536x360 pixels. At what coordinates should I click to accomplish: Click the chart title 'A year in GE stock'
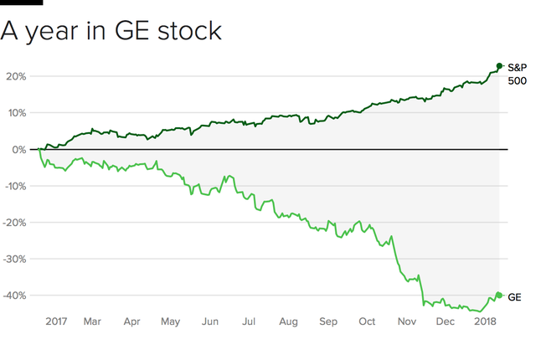[x=111, y=31]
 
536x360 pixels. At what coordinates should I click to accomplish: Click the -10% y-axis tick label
[x=14, y=186]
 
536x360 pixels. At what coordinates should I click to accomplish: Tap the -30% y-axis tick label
[x=14, y=259]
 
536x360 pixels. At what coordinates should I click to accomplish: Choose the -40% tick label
[x=14, y=296]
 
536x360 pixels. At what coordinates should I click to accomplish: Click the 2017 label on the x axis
[x=56, y=321]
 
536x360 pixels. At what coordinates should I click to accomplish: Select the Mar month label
[x=92, y=321]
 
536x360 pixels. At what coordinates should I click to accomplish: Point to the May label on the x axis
[x=170, y=321]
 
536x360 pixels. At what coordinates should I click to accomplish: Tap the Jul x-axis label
[x=249, y=321]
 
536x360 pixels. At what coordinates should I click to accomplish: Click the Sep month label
[x=327, y=321]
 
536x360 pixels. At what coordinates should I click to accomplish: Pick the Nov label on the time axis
[x=407, y=321]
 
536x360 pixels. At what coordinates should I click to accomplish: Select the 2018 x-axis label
[x=485, y=321]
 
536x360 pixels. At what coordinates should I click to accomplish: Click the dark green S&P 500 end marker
[x=499, y=66]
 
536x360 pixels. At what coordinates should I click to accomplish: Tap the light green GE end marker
[x=499, y=295]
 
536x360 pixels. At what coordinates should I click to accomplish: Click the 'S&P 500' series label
[x=518, y=74]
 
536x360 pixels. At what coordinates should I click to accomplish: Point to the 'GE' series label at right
[x=515, y=296]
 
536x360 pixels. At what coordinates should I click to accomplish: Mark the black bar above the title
[x=22, y=3]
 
